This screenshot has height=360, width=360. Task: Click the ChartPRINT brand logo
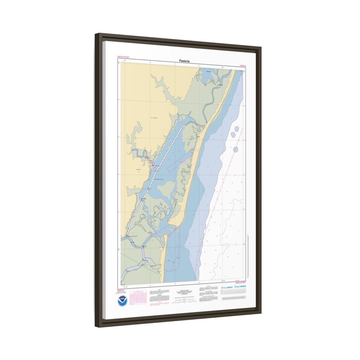pos(227,287)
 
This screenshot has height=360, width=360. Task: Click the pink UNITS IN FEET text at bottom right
pos(240,282)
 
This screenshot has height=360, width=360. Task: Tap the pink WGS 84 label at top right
pos(243,65)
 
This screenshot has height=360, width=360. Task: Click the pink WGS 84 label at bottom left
pos(120,290)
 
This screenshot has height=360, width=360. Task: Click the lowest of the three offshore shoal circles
pos(236,149)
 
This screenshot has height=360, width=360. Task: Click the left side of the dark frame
pos(99,180)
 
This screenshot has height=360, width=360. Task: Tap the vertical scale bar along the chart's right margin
pos(247,255)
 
